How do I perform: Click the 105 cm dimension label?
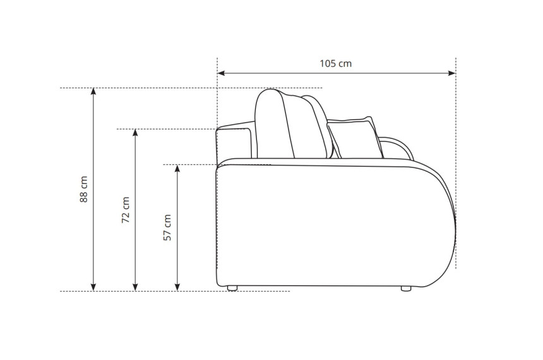[x=335, y=64]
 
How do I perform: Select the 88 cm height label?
[x=83, y=189]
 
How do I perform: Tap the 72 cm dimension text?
[x=126, y=210]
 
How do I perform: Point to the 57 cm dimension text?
[x=167, y=227]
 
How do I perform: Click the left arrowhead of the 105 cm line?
[x=221, y=73]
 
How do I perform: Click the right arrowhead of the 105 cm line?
[x=452, y=73]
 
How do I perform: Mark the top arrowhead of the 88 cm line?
[x=93, y=92]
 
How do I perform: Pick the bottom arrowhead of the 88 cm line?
[x=93, y=287]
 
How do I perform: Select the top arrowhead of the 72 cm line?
[x=135, y=133]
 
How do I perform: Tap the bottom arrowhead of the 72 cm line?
[x=135, y=287]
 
